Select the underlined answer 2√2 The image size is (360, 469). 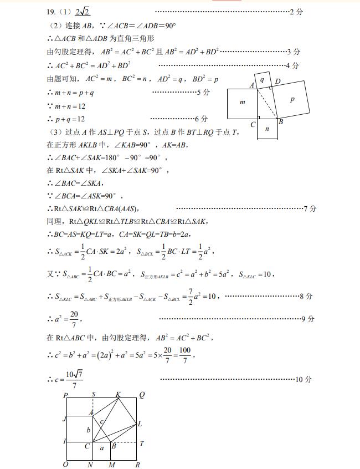click(83, 11)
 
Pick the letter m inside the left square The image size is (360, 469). click(242, 103)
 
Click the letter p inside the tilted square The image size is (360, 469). click(292, 99)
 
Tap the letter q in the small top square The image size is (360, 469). click(262, 80)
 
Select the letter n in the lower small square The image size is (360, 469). click(267, 129)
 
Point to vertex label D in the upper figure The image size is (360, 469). click(277, 81)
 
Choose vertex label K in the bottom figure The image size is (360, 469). click(118, 394)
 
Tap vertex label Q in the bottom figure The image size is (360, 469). click(142, 394)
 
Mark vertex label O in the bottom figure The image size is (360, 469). click(65, 465)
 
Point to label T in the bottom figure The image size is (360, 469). click(142, 443)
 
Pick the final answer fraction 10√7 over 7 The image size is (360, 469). click(74, 380)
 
